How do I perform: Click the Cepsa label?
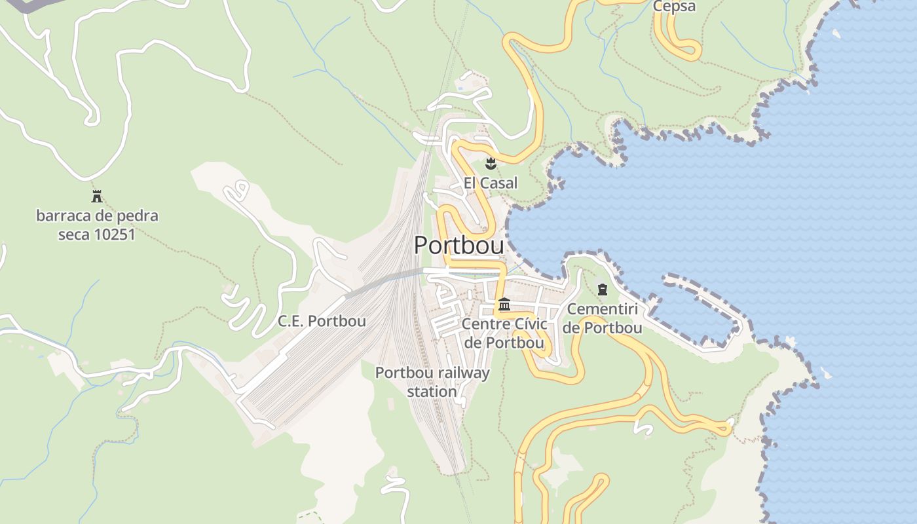click(x=674, y=7)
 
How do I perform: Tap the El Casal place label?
click(x=490, y=183)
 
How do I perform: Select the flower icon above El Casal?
click(x=490, y=162)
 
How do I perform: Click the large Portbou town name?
click(x=459, y=246)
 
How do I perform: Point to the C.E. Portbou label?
click(x=322, y=321)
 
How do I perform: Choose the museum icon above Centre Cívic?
click(x=504, y=305)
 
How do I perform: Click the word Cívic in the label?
click(x=527, y=324)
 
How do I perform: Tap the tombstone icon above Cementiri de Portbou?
click(x=602, y=290)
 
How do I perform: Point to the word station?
click(x=432, y=392)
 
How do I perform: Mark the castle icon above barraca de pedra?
click(x=97, y=196)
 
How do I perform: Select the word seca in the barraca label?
click(x=73, y=234)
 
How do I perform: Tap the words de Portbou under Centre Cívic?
click(x=503, y=343)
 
